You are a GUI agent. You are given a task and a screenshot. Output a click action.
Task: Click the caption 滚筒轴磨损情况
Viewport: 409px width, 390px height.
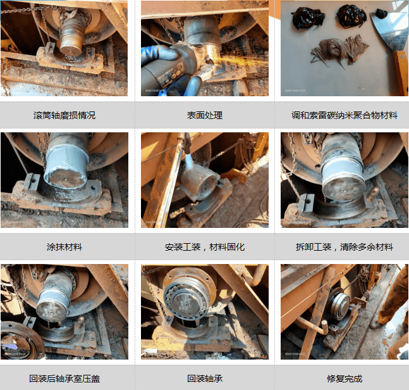pyautogui.click(x=64, y=115)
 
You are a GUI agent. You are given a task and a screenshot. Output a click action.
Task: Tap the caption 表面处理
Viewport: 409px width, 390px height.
pyautogui.click(x=205, y=115)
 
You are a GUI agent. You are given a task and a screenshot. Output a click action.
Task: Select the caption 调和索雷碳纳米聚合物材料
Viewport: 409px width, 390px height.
pyautogui.click(x=345, y=115)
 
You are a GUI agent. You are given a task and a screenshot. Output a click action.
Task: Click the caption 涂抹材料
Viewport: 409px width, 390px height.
pyautogui.click(x=64, y=247)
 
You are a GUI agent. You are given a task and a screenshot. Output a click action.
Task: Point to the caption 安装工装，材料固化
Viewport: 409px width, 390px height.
pyautogui.click(x=205, y=247)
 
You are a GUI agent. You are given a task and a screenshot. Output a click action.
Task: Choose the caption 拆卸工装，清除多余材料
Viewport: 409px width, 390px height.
pyautogui.click(x=345, y=247)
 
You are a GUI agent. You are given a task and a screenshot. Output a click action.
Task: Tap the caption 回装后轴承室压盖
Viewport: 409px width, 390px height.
pyautogui.click(x=64, y=379)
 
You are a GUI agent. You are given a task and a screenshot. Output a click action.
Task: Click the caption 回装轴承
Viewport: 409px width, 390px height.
pyautogui.click(x=205, y=379)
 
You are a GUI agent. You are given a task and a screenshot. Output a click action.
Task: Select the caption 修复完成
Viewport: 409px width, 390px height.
pyautogui.click(x=345, y=379)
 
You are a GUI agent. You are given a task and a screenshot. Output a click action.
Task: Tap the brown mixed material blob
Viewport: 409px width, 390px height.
pyautogui.click(x=339, y=51)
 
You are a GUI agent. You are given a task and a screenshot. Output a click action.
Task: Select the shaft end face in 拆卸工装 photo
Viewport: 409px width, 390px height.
pyautogui.click(x=344, y=189)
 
